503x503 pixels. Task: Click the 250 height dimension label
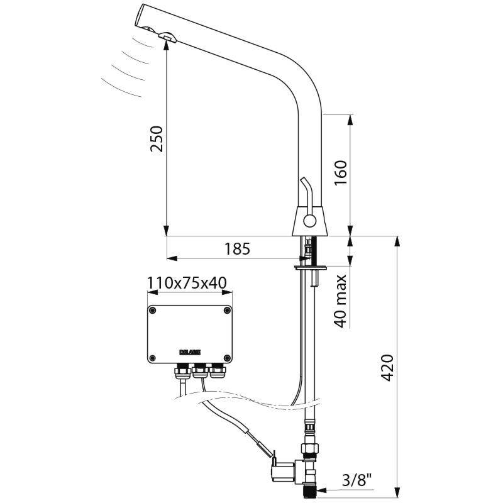coord(156,139)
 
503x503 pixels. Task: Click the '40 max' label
coord(341,301)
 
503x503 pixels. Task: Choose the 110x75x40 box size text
coord(187,283)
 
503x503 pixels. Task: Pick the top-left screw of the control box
coord(153,310)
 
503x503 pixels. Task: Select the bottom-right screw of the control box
coord(226,357)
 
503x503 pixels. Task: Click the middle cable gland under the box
coord(201,373)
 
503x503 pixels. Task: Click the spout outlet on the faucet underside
coord(168,38)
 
